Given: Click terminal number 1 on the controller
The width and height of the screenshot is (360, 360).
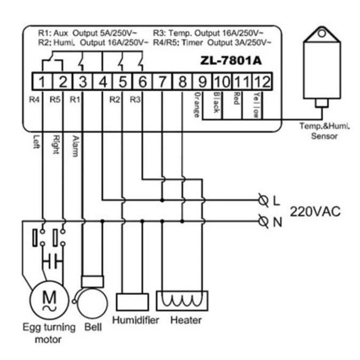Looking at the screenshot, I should tap(43, 82).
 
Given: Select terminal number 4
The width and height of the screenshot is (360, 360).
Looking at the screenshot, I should tap(103, 82).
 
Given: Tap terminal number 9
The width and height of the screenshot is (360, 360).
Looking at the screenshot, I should tap(202, 82).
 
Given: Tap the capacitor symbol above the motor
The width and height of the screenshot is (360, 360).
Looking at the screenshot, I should tap(52, 262).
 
